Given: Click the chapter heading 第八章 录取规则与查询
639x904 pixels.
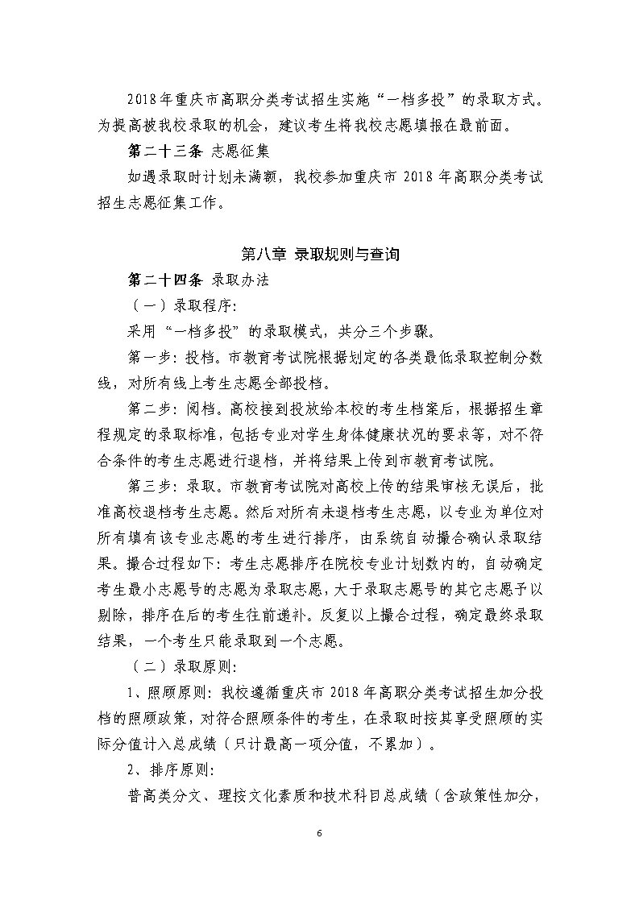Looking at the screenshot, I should tap(320, 255).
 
